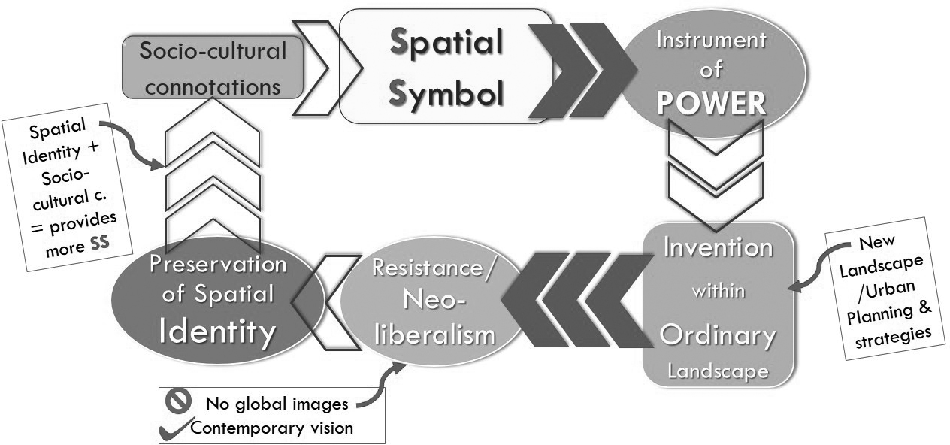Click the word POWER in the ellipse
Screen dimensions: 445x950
click(x=711, y=104)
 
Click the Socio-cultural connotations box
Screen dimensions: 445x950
click(x=213, y=68)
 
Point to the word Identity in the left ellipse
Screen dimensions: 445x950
click(x=217, y=331)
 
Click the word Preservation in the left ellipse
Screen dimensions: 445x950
click(x=217, y=265)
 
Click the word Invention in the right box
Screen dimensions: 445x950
click(x=717, y=247)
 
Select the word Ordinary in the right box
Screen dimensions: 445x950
click(x=717, y=335)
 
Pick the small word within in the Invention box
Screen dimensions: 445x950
click(x=717, y=290)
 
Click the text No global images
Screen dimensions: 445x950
click(x=277, y=404)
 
